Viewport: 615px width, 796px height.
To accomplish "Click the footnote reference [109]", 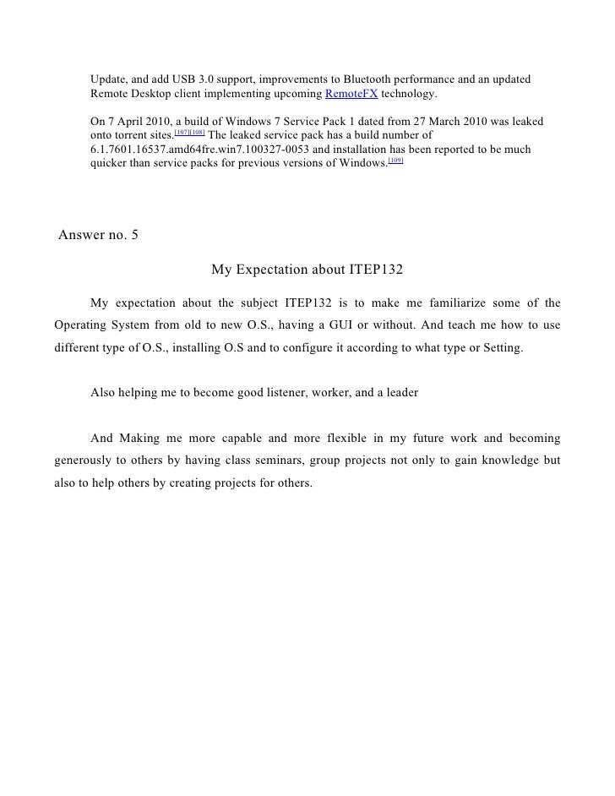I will point(396,159).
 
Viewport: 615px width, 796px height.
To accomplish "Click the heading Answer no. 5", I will point(99,236).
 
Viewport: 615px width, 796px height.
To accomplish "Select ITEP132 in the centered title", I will point(375,270).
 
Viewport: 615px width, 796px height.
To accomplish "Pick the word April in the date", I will point(132,121).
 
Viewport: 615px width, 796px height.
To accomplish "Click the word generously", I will point(87,461).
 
